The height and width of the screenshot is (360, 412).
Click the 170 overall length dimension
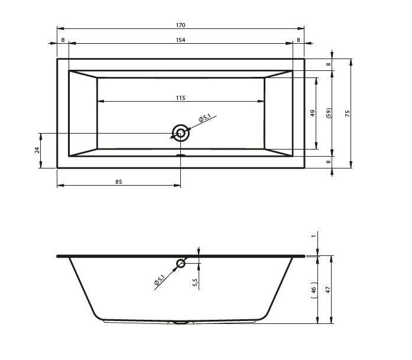180,25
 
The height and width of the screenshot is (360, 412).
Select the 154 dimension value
180,40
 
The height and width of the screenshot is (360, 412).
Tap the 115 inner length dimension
180,98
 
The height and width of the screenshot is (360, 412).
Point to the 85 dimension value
119,182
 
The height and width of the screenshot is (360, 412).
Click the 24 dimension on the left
37,150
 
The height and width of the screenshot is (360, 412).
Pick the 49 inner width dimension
313,113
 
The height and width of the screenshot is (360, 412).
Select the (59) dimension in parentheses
329,113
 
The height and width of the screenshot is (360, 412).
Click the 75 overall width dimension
348,113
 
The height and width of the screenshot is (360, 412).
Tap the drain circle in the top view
180,125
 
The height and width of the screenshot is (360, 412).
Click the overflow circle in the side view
181,259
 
